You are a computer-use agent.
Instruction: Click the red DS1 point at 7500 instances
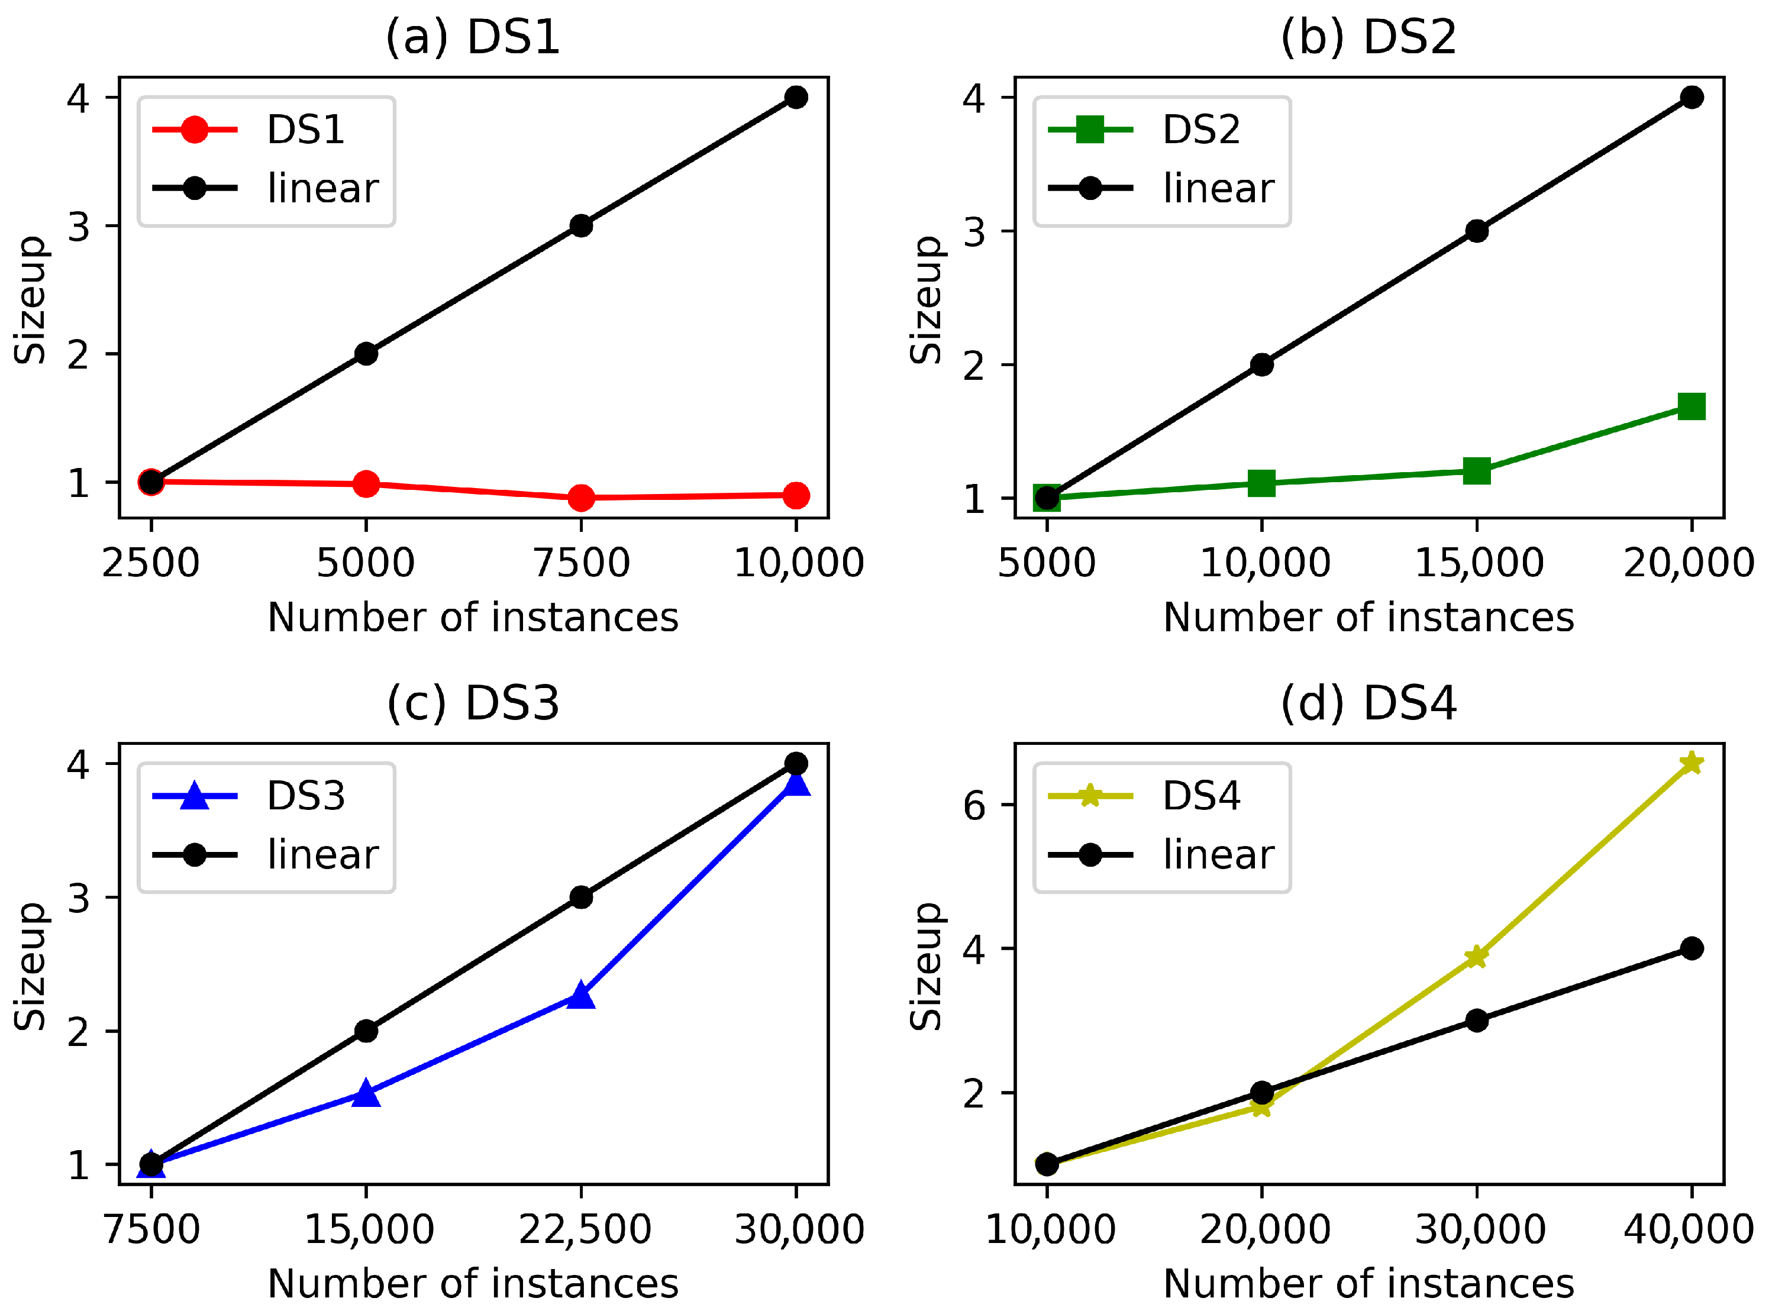coord(582,498)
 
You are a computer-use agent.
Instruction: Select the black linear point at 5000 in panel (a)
coord(366,354)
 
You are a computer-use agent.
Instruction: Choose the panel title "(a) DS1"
coord(473,37)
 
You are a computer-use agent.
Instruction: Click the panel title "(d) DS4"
coord(1368,703)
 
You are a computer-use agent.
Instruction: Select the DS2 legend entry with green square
coord(1145,129)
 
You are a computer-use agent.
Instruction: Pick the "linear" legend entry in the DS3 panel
coord(266,855)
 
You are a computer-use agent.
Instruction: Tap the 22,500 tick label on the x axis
coord(585,1229)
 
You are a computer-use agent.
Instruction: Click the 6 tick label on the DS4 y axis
coord(974,806)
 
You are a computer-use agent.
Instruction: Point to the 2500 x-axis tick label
coord(150,563)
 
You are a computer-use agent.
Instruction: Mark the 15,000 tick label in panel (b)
coord(1479,563)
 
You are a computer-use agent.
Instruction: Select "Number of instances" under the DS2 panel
coord(1368,617)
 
